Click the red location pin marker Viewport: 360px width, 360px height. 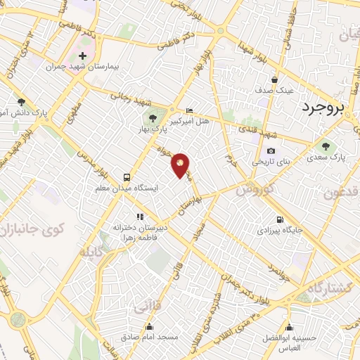pyautogui.click(x=181, y=165)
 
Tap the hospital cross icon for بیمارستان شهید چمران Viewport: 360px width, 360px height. pyautogui.click(x=82, y=56)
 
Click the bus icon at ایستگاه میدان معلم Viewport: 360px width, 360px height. pyautogui.click(x=127, y=177)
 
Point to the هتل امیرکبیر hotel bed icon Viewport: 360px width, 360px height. pyautogui.click(x=188, y=111)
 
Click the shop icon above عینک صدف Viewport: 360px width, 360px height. pyautogui.click(x=274, y=80)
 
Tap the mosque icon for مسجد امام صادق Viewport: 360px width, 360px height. pyautogui.click(x=150, y=326)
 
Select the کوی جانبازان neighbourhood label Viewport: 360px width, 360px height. pyautogui.click(x=34, y=229)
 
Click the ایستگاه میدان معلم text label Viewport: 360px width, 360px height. pyautogui.click(x=128, y=188)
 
